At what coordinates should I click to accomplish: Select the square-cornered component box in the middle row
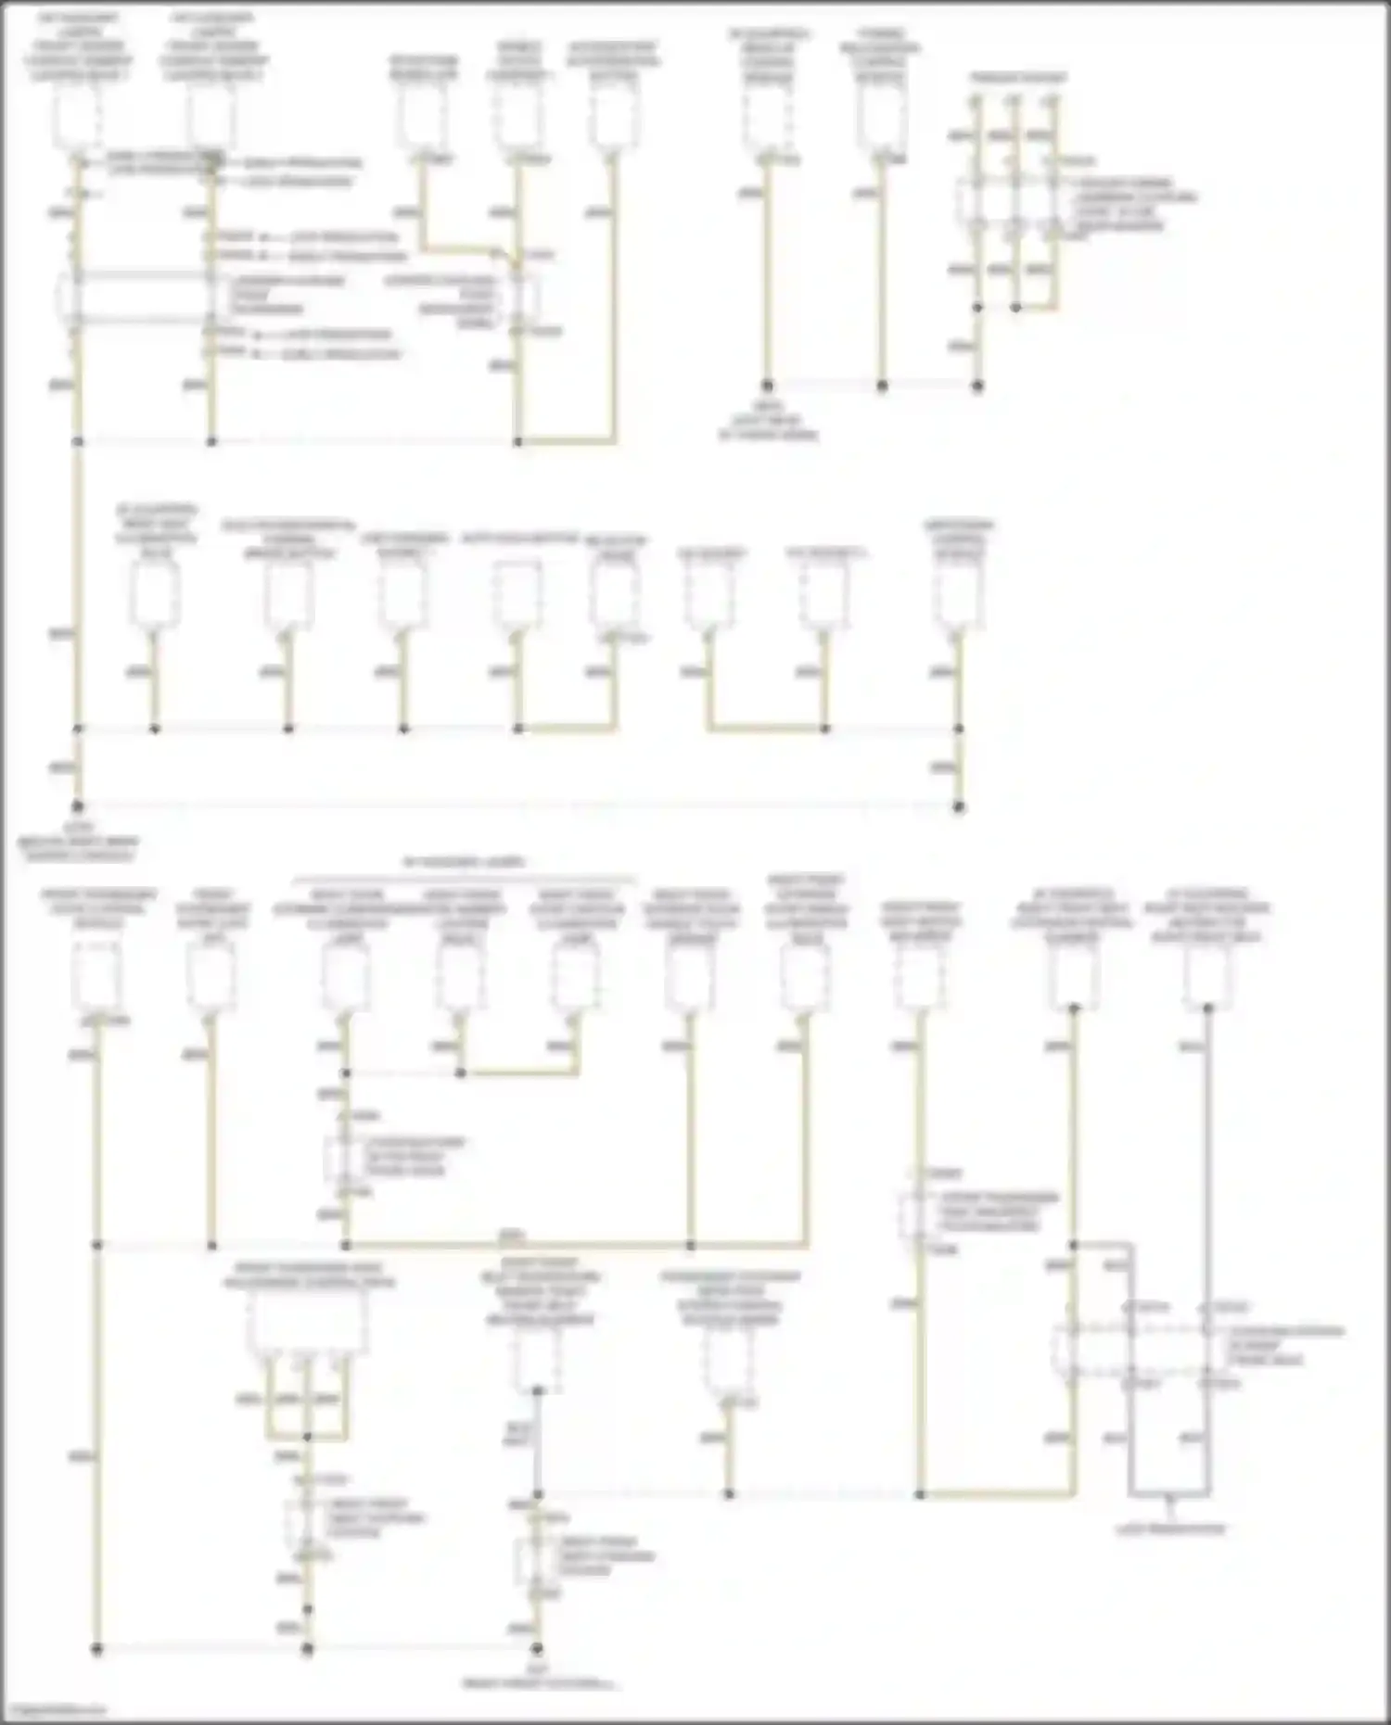[x=517, y=592]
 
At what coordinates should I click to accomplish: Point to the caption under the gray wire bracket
[x=1169, y=1528]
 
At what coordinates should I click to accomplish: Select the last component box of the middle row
[x=959, y=593]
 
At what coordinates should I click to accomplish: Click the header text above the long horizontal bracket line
[x=464, y=862]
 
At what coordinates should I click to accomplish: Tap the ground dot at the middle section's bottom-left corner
[x=78, y=806]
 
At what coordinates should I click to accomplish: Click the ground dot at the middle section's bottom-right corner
[x=959, y=806]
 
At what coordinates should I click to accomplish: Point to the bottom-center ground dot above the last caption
[x=537, y=1649]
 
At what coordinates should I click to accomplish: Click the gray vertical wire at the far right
[x=1207, y=1159]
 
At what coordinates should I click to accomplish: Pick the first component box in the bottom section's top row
[x=96, y=977]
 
